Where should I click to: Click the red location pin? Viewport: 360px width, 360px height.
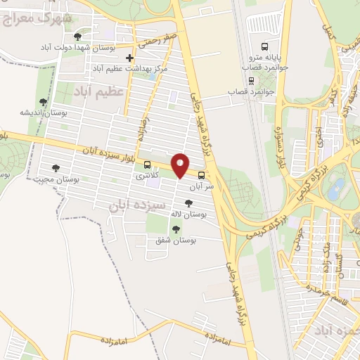[x=181, y=165]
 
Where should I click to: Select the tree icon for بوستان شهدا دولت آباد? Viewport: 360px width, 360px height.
[x=77, y=35]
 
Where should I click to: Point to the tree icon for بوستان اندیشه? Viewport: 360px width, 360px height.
[x=44, y=102]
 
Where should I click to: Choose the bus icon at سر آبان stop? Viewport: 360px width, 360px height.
[x=202, y=175]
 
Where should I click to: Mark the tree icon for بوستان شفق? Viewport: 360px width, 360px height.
[x=176, y=229]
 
